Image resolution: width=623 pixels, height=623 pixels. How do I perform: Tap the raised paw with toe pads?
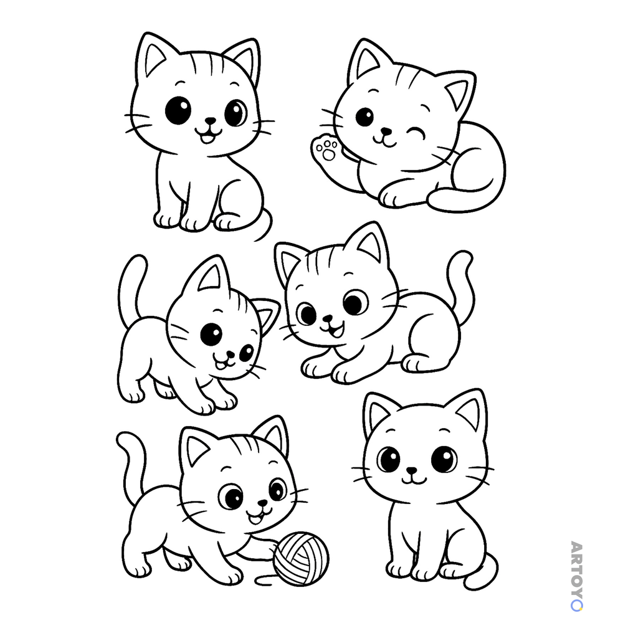(326, 150)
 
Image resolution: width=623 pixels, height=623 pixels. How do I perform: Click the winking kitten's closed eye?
(416, 133)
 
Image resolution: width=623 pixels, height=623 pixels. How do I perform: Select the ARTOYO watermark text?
(576, 576)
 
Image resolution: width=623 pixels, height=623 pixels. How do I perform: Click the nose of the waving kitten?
(386, 131)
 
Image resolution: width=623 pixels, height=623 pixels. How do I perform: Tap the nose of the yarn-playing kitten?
(262, 503)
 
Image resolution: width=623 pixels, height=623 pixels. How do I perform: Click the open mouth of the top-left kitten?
(207, 138)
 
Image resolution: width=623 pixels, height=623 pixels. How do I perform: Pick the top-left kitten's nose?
(210, 120)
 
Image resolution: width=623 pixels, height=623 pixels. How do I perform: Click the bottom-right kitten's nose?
(412, 470)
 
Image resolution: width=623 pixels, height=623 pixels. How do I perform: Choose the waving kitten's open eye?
(364, 117)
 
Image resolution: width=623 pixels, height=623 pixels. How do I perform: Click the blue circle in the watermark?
(576, 606)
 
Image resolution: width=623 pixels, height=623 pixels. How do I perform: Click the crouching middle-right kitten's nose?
(328, 318)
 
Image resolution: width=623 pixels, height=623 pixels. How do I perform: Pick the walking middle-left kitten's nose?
(230, 353)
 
